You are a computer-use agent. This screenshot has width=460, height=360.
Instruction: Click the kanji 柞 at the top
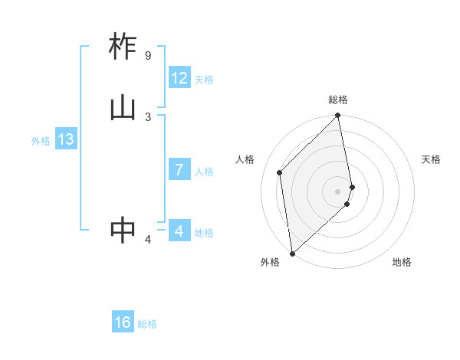point(123,47)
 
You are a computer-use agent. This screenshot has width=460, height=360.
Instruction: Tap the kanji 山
point(123,108)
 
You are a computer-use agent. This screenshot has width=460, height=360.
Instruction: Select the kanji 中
point(123,231)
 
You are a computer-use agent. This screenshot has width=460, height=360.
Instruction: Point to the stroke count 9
point(147,56)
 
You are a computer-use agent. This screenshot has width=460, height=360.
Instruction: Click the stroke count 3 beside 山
point(148,116)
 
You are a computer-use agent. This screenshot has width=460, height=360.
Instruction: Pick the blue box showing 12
point(179,78)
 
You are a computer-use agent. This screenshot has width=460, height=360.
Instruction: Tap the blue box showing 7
point(179,170)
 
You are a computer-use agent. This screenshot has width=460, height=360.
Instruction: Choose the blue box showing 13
point(65,140)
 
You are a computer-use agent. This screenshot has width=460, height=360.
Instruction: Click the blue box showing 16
point(123,323)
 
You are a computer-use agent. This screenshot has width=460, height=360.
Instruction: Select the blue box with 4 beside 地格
point(179,231)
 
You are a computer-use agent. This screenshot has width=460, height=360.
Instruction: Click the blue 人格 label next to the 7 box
point(204,172)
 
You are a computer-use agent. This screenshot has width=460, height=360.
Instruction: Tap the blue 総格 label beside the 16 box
point(147,324)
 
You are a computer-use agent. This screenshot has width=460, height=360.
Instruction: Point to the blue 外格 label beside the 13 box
point(41,141)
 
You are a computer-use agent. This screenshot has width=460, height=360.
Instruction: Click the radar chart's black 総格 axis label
point(338,100)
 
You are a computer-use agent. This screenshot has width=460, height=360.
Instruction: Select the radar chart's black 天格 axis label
point(431,159)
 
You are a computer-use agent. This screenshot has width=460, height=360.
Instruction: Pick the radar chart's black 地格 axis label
point(402,262)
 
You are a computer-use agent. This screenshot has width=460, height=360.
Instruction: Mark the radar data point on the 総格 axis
point(338,116)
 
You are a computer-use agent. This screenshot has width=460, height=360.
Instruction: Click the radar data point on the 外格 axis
point(292,254)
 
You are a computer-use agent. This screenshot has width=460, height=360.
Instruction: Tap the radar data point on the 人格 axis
point(280,172)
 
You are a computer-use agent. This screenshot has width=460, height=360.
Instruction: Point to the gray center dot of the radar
point(338,191)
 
